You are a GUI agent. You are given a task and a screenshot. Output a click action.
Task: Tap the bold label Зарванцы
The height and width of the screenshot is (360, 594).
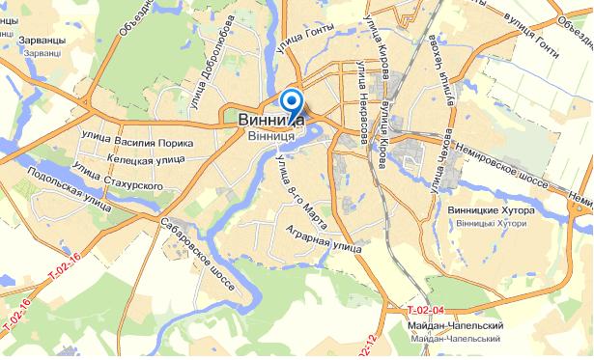pyautogui.click(x=41, y=42)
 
